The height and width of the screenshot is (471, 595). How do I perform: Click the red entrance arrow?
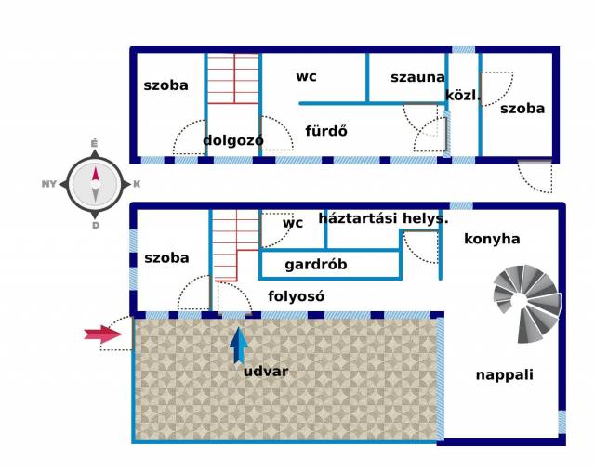[102, 334]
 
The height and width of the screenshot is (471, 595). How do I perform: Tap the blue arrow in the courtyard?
[240, 345]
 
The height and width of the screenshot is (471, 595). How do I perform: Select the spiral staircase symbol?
[528, 303]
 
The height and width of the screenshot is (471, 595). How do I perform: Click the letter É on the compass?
[94, 143]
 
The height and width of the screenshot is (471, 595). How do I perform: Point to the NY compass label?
[50, 184]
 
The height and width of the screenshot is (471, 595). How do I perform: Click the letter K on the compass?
[137, 184]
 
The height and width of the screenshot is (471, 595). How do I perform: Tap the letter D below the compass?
[95, 225]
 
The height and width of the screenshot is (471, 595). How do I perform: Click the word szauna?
[417, 77]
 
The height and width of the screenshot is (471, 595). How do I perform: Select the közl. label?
[463, 95]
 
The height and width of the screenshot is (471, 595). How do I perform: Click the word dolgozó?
[233, 140]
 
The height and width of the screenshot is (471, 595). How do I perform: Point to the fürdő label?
[326, 131]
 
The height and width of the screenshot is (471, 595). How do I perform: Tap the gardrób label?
[316, 265]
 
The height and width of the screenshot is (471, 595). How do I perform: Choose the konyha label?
[494, 239]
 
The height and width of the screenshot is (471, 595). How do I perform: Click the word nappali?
[505, 374]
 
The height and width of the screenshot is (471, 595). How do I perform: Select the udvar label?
[266, 372]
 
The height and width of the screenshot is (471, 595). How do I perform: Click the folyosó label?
[297, 296]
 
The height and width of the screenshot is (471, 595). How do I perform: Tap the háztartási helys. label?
[383, 218]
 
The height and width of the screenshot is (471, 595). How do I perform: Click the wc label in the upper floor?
[307, 76]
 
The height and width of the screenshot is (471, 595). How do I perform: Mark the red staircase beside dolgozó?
[233, 80]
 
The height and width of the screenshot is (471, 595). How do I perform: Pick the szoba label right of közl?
[522, 108]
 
